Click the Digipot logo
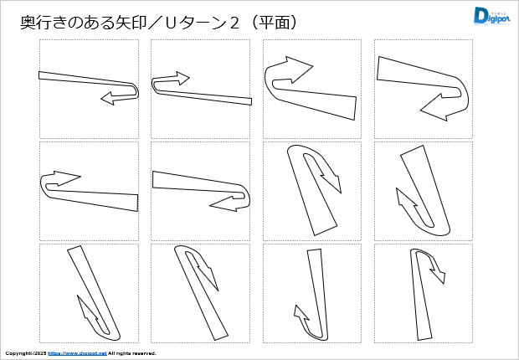point(491,16)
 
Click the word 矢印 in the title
point(126,23)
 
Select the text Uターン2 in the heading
point(202,23)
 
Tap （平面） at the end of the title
point(275,23)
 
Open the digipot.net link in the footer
point(78,353)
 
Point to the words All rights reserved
point(132,353)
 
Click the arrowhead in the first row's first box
point(108,98)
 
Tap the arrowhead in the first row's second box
point(183,78)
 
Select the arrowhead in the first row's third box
point(299,69)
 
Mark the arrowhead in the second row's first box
point(67,177)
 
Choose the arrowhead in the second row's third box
point(331,183)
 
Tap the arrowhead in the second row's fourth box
point(406,198)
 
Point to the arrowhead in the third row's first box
point(87,308)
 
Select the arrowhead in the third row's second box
point(208,277)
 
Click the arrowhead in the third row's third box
point(301,314)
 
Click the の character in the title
point(69,23)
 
